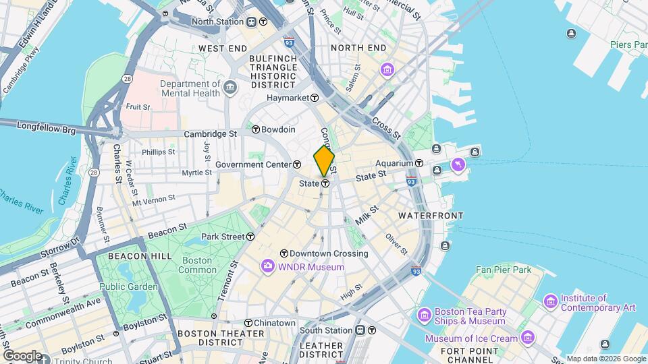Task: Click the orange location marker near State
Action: (x=324, y=161)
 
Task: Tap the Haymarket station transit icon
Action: (x=315, y=98)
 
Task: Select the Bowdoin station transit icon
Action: (x=256, y=129)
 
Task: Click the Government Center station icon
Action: (x=297, y=164)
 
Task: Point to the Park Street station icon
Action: (x=250, y=237)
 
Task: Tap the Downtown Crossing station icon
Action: (x=284, y=254)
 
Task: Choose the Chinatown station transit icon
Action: (x=248, y=323)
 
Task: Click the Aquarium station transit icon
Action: (x=418, y=163)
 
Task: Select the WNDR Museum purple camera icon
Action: (x=268, y=267)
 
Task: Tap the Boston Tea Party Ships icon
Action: (x=425, y=315)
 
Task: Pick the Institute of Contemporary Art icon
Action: (x=551, y=299)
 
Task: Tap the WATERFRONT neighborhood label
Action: (x=431, y=216)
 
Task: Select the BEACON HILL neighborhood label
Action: (x=124, y=257)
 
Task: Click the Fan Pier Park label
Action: (x=503, y=270)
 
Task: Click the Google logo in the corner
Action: (x=22, y=355)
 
